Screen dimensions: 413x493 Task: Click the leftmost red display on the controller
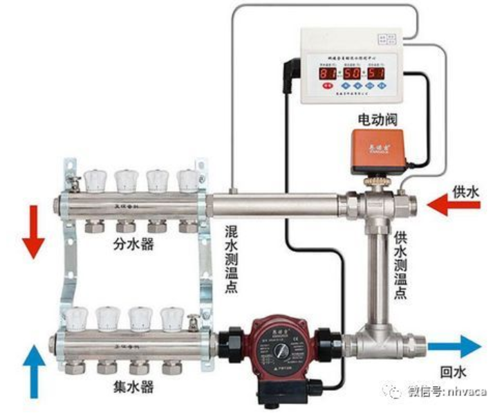pyautogui.click(x=328, y=72)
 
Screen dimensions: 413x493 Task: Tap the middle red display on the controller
pyautogui.click(x=353, y=72)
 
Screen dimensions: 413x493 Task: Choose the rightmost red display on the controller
pyautogui.click(x=377, y=72)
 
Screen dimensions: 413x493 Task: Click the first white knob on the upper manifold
pyautogui.click(x=94, y=181)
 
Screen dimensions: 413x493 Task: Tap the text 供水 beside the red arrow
pyautogui.click(x=465, y=192)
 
